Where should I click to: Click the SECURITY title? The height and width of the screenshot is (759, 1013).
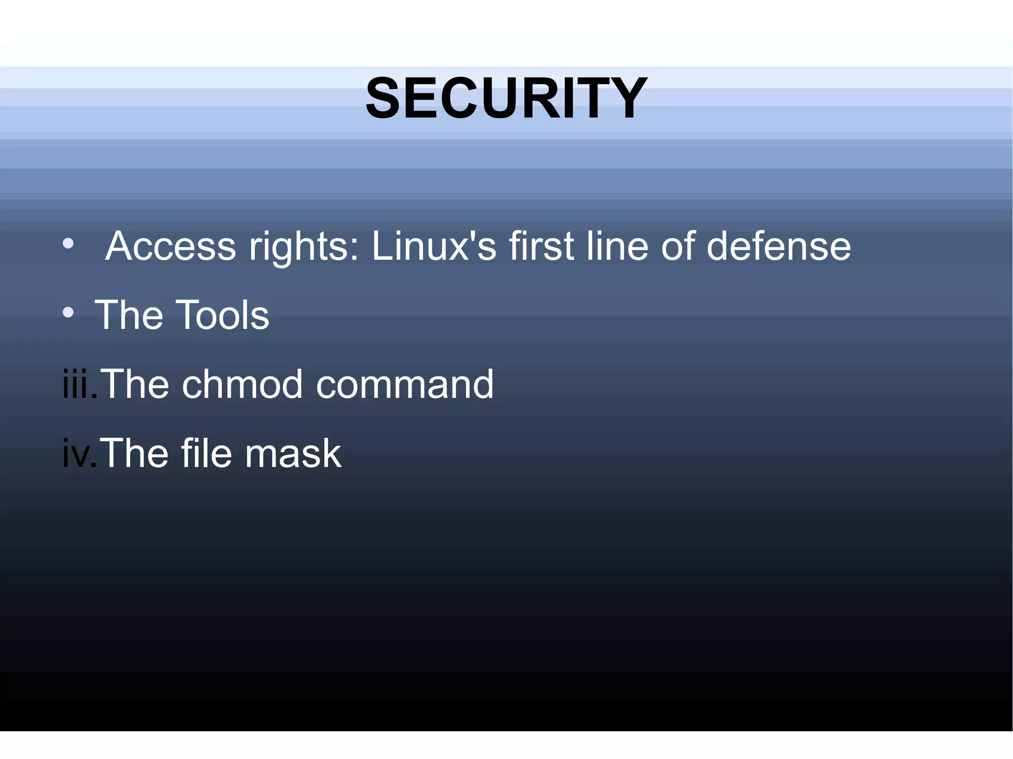(506, 98)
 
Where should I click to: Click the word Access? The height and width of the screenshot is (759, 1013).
(171, 246)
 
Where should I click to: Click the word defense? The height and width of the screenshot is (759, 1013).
(779, 246)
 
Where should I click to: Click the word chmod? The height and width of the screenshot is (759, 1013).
(242, 384)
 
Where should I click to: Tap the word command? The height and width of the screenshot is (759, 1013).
(405, 384)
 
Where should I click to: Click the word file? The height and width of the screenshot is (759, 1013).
(206, 453)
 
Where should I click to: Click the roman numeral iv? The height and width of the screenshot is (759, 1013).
(78, 453)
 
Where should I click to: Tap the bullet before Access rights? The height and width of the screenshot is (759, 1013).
(68, 244)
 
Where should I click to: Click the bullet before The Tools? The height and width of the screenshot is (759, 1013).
(68, 313)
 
